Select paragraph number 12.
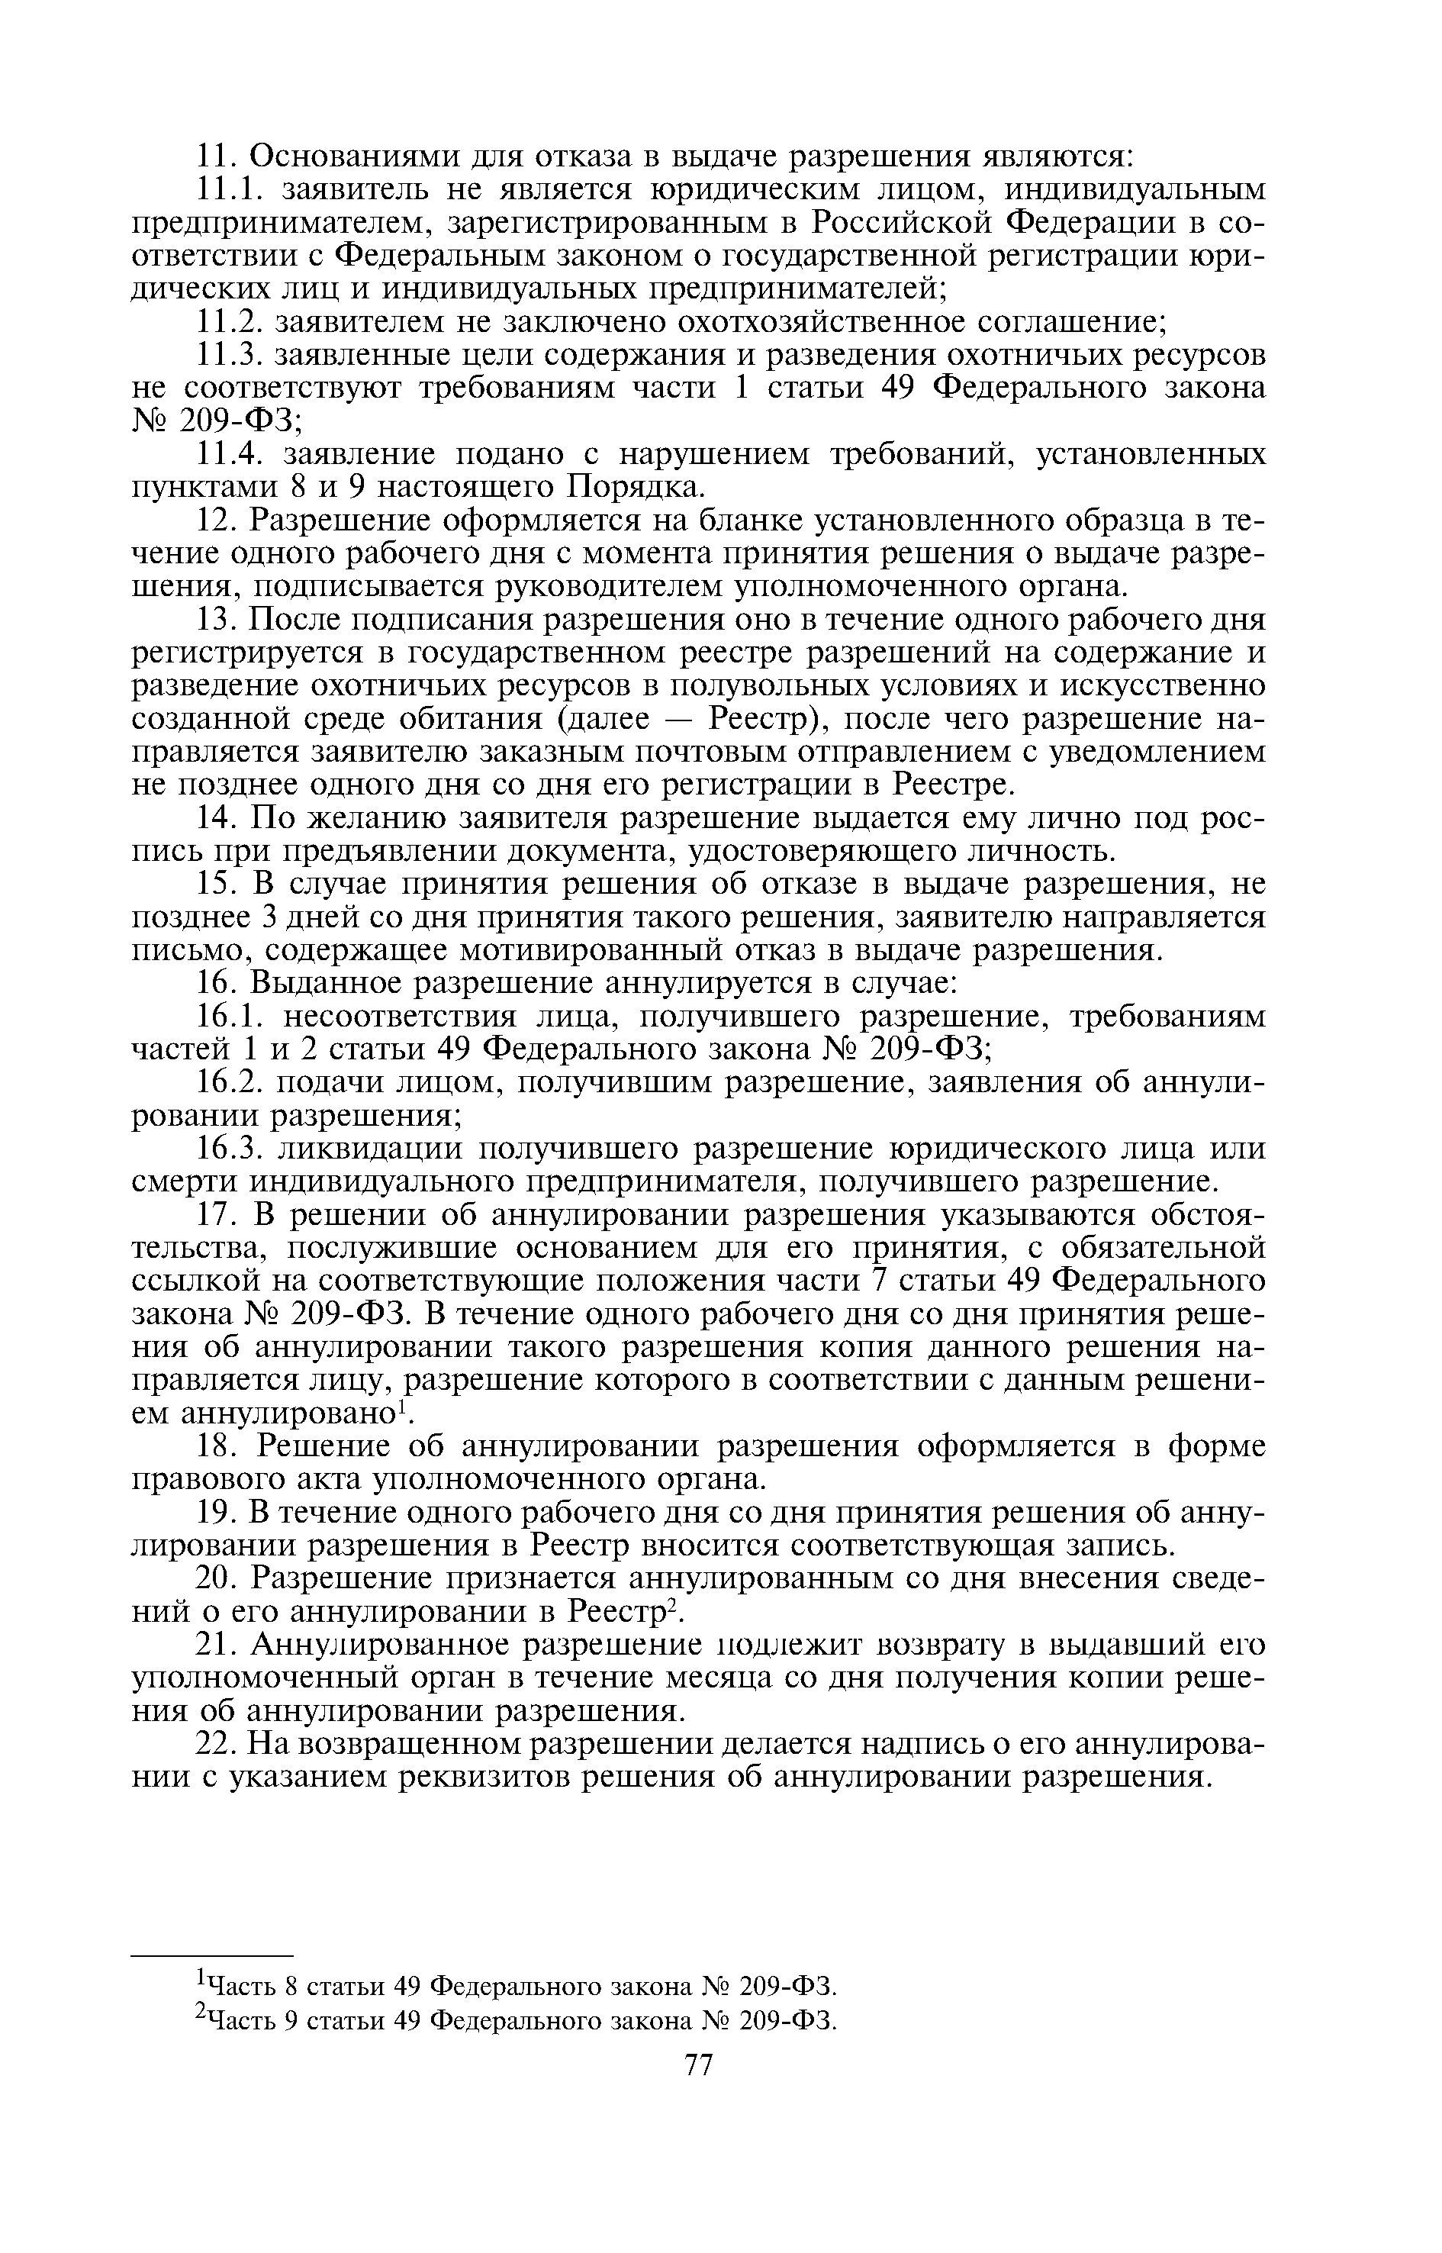pyautogui.click(x=219, y=520)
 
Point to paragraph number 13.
pyautogui.click(x=219, y=619)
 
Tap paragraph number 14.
pyautogui.click(x=219, y=817)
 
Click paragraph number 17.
pyautogui.click(x=219, y=1216)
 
